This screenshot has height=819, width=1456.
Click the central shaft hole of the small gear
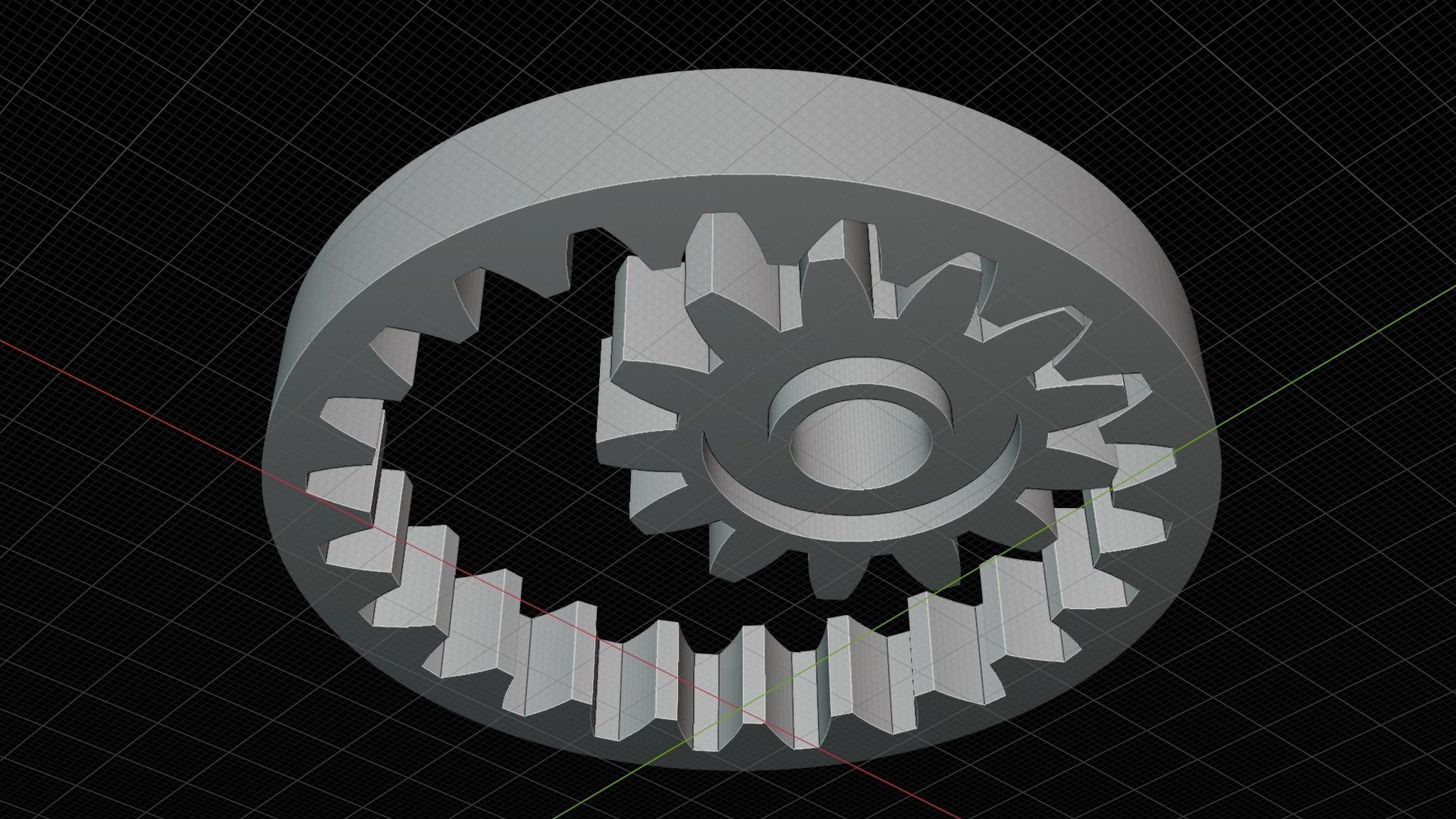coord(861,447)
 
